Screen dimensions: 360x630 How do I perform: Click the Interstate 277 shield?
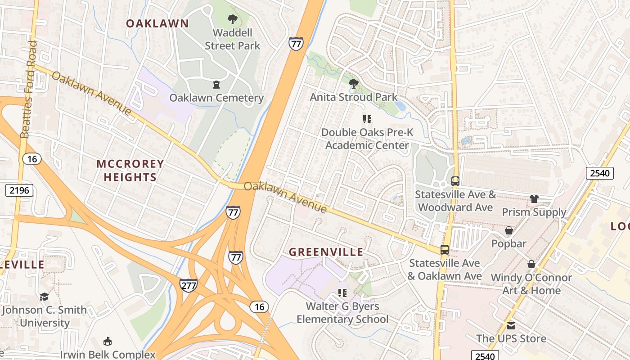tap(188, 285)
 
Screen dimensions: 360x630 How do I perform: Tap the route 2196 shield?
tap(19, 190)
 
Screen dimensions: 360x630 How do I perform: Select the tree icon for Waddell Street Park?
tap(232, 19)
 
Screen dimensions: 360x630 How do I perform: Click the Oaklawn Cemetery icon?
tap(216, 85)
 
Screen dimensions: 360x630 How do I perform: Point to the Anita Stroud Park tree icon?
tap(354, 84)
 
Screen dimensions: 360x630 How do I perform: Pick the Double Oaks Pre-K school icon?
tap(367, 119)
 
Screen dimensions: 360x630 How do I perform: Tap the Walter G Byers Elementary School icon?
tap(342, 293)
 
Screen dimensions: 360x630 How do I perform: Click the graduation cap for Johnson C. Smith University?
tap(44, 297)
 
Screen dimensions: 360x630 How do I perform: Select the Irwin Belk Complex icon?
tap(108, 341)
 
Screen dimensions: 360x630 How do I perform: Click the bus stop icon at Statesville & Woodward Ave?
tap(455, 181)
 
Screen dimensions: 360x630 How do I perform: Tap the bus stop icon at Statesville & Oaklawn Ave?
tap(445, 250)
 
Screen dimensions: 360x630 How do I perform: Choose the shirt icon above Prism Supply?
tap(534, 199)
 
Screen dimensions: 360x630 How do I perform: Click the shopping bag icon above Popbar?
tap(509, 231)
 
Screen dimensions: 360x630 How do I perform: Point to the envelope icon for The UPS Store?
tap(511, 325)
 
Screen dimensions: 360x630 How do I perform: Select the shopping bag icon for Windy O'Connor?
tap(531, 264)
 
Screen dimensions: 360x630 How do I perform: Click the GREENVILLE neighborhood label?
tap(326, 252)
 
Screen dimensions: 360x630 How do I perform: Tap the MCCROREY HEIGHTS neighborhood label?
tap(130, 171)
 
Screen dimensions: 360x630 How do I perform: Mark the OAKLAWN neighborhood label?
tap(157, 23)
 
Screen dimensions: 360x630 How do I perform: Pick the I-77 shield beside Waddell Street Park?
tap(296, 43)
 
